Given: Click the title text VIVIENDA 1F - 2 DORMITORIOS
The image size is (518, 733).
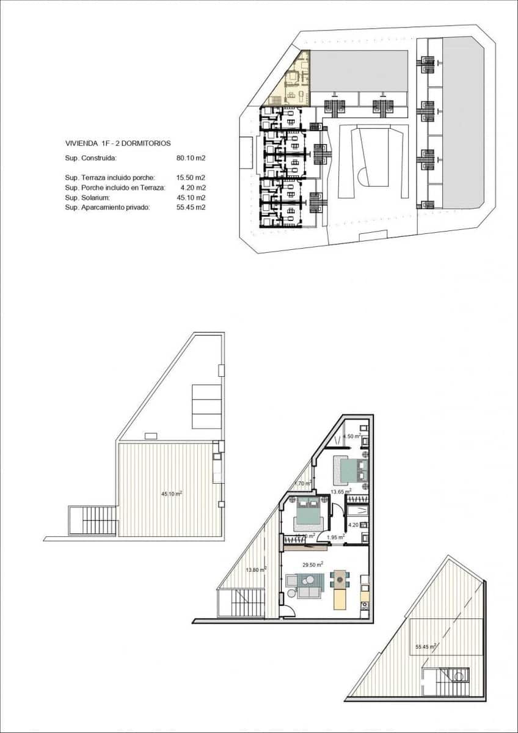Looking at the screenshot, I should click(x=118, y=144).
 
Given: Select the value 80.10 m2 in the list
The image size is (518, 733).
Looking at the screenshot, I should click(x=191, y=158).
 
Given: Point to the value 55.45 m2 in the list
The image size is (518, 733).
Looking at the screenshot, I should click(x=191, y=208).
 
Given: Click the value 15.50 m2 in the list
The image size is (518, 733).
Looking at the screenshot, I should click(x=191, y=177).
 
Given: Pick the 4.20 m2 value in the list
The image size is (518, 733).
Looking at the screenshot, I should click(x=192, y=188).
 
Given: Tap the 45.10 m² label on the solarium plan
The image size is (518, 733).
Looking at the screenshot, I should click(x=172, y=494).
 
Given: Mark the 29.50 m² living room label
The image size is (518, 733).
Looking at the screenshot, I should click(x=313, y=565).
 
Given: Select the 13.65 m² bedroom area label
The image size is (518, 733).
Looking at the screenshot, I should click(x=340, y=490).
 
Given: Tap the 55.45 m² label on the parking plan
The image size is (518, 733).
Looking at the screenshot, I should click(x=425, y=646).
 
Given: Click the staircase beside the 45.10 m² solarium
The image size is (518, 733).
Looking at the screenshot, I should click(x=93, y=521).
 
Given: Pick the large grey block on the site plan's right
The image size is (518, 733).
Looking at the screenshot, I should click(x=462, y=122).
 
